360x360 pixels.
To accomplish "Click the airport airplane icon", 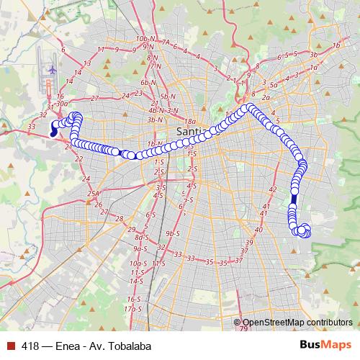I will (53, 69).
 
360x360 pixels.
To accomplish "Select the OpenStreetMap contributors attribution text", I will (297, 323).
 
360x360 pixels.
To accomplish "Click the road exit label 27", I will (94, 98).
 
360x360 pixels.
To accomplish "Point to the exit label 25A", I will (92, 194).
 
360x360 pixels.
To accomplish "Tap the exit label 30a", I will (61, 103).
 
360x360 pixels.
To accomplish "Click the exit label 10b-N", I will (145, 37).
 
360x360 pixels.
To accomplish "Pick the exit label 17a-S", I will (131, 308).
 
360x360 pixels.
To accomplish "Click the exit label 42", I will (272, 189).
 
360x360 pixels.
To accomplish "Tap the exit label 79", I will (244, 329).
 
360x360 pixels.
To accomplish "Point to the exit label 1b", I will (336, 45).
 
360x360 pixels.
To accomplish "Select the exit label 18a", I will (190, 122).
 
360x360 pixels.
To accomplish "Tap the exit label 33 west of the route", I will (32, 127).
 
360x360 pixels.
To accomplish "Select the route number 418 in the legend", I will (30, 346).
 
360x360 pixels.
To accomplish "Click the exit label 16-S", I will (132, 298).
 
